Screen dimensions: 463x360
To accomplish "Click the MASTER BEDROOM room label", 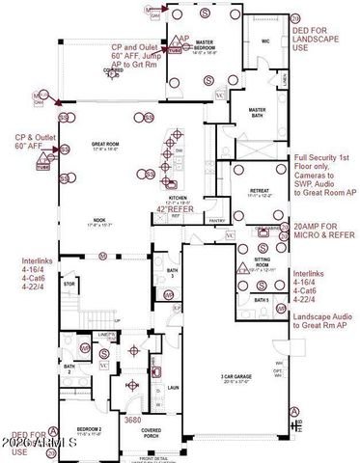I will [204, 44].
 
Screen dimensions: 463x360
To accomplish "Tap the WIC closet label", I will [263, 41].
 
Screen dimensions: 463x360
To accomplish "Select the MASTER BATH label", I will [256, 112].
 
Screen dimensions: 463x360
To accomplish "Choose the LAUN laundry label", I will [174, 388].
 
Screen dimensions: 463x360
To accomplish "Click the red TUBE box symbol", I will [42, 165].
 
